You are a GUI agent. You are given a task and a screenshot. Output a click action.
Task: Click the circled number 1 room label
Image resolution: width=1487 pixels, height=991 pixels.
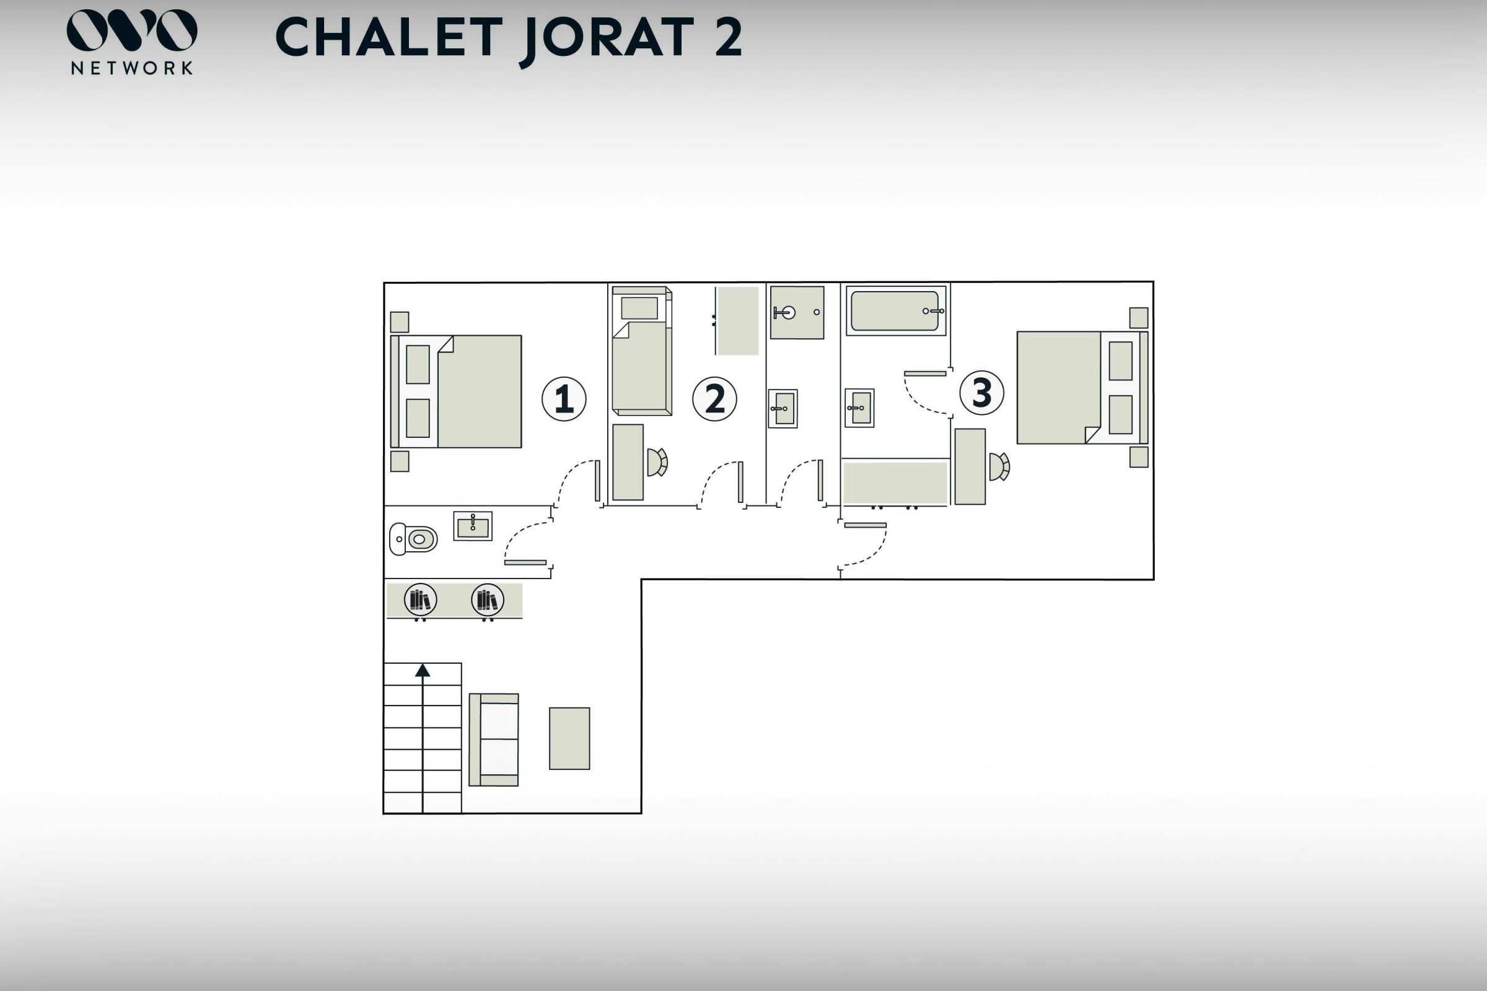click(x=564, y=399)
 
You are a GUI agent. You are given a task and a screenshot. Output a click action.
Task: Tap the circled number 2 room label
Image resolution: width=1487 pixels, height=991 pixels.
click(x=714, y=399)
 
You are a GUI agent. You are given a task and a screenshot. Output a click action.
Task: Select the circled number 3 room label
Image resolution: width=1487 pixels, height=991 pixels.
click(x=982, y=393)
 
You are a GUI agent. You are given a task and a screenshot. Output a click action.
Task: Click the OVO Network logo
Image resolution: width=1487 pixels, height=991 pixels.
click(x=131, y=41)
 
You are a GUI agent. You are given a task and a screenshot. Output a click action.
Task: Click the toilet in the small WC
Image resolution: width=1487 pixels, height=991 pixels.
click(x=413, y=539)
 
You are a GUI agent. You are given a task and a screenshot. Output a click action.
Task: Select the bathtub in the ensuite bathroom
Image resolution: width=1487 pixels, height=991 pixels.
click(x=896, y=310)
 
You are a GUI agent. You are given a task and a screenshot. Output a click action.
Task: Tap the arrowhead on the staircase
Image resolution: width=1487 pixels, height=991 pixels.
click(x=423, y=671)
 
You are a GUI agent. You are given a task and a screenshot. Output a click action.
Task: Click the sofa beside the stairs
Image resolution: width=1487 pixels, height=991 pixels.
click(x=494, y=740)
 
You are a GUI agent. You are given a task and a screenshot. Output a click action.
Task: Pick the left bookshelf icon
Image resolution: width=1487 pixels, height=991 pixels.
click(x=421, y=599)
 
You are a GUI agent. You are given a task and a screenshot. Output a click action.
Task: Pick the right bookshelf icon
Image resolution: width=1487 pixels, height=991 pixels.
click(x=488, y=599)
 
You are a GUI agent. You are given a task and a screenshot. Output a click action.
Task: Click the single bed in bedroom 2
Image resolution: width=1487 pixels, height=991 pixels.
click(x=642, y=351)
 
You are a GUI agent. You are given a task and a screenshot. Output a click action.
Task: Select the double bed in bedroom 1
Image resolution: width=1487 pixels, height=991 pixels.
click(x=456, y=392)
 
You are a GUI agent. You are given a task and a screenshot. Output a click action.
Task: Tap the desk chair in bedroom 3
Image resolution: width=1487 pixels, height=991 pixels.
click(x=999, y=466)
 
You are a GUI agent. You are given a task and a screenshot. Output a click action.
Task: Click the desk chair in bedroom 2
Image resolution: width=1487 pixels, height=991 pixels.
click(x=657, y=462)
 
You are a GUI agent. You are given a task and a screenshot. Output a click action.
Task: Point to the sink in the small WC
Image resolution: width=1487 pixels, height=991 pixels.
click(x=473, y=526)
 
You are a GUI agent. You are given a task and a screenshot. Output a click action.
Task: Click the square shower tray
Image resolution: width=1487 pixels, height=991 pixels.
click(x=797, y=312)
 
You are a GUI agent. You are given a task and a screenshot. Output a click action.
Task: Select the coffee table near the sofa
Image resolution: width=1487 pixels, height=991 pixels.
click(x=569, y=738)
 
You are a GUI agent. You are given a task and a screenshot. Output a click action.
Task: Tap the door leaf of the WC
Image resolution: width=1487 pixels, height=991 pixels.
click(x=525, y=562)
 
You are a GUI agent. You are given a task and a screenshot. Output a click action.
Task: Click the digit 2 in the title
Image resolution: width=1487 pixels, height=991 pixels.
click(x=729, y=37)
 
